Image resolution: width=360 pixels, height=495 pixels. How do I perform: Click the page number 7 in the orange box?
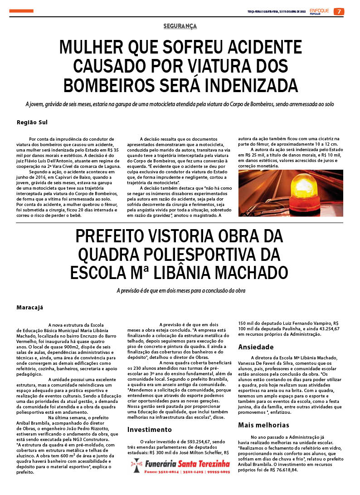tap(339, 11)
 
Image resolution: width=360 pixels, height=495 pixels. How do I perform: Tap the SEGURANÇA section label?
tap(180, 26)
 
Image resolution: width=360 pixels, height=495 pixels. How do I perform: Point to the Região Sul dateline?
tap(32, 122)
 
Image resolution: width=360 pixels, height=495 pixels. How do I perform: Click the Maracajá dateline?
tap(29, 307)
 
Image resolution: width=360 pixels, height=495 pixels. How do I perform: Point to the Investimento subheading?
tap(150, 429)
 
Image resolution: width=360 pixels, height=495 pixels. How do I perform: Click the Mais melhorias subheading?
tap(263, 425)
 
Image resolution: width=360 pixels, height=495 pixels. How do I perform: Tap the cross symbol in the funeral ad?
tap(136, 466)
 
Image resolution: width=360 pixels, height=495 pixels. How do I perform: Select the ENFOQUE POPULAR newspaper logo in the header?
tap(320, 11)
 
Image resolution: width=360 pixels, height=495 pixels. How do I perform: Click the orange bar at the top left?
tap(21, 11)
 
